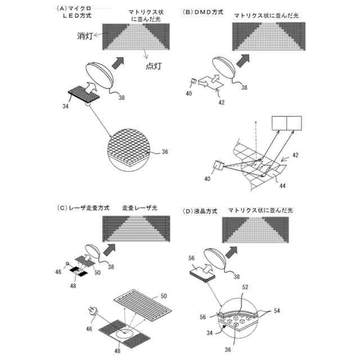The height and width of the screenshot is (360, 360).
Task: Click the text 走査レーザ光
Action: (140, 208)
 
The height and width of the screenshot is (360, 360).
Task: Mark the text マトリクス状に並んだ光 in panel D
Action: (260, 210)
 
